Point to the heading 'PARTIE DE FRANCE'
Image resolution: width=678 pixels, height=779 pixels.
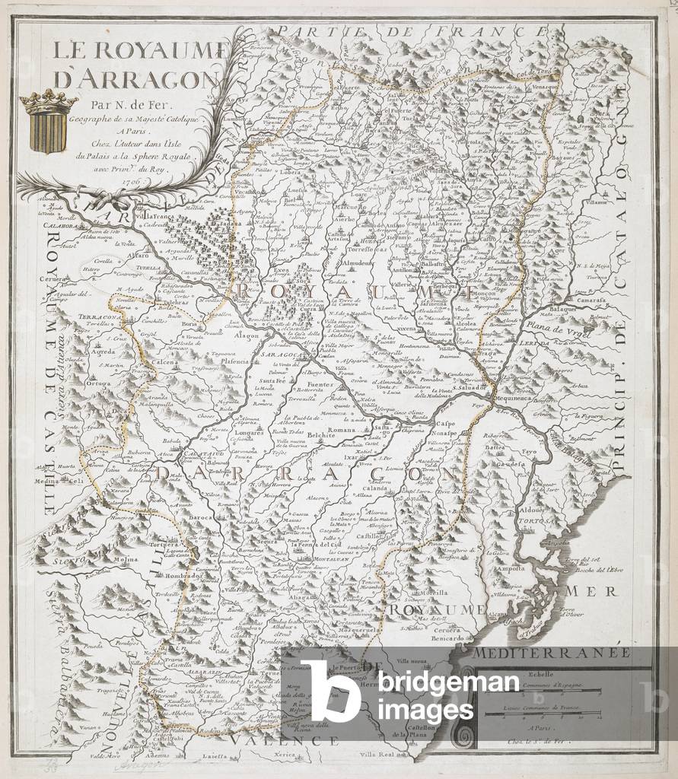(412, 30)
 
